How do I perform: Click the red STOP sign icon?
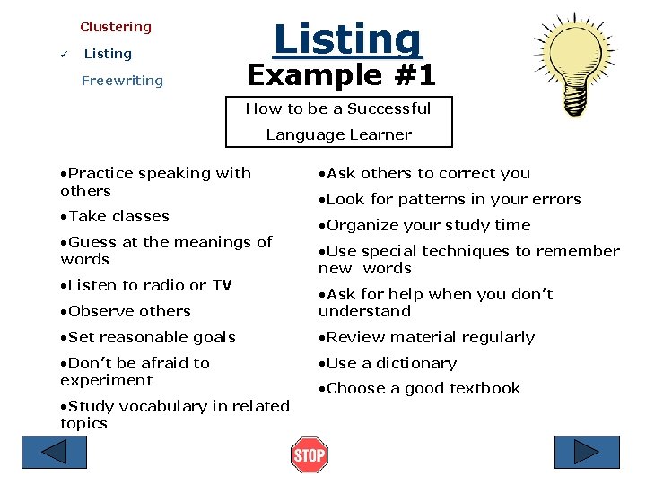click(x=310, y=455)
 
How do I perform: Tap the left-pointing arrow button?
click(x=55, y=453)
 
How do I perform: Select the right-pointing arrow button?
click(x=587, y=453)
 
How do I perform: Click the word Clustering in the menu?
click(x=116, y=27)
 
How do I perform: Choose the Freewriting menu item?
click(x=122, y=81)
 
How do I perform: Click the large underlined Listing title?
click(x=346, y=39)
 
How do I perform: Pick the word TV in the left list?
click(x=222, y=285)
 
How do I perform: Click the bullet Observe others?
click(x=126, y=311)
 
